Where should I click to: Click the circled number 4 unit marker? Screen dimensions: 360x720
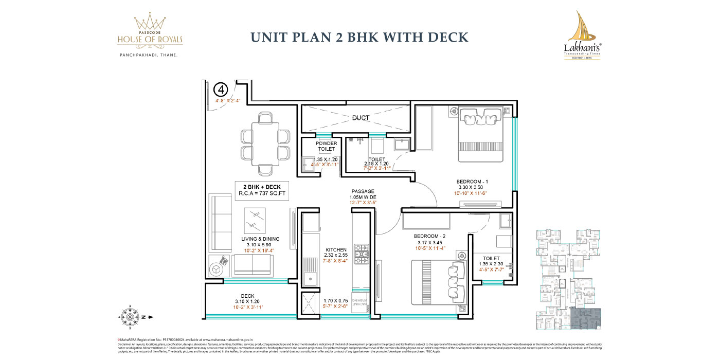(221, 89)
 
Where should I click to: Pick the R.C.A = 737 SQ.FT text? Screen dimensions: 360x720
(262, 194)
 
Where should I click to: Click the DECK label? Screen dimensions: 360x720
(247, 296)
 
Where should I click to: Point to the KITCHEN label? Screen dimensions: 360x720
(336, 249)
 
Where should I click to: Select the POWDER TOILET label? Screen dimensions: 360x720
(326, 146)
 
